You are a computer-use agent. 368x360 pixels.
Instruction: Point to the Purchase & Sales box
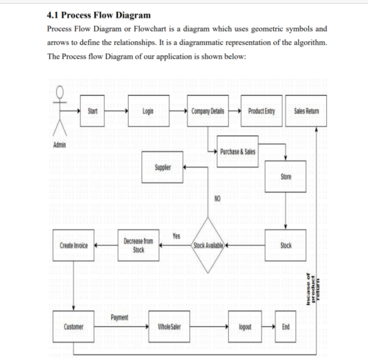click(238, 151)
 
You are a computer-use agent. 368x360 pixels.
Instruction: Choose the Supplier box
click(163, 168)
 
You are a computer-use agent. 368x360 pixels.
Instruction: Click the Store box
click(286, 177)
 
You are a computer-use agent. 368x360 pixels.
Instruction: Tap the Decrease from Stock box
click(138, 245)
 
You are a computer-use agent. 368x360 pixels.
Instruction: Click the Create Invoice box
click(74, 245)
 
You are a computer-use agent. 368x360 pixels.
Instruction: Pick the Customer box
click(74, 325)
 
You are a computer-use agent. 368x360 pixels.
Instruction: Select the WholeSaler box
click(169, 325)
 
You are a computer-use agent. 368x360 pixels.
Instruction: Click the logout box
click(245, 325)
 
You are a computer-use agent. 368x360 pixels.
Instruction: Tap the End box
click(286, 325)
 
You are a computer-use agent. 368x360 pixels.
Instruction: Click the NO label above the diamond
click(217, 199)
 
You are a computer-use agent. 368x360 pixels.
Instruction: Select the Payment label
click(120, 317)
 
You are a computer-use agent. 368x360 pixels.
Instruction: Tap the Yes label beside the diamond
click(177, 235)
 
